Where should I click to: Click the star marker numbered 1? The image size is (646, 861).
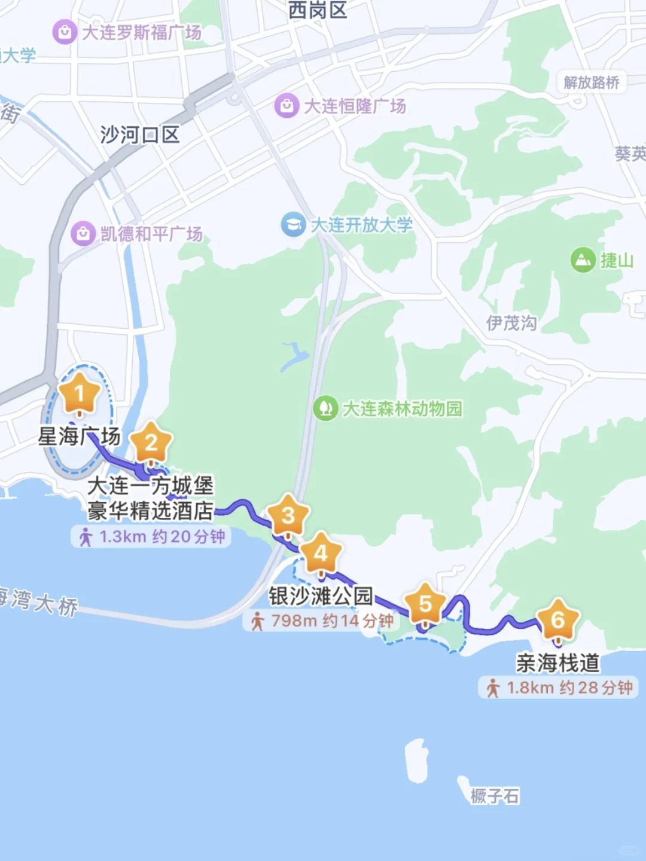79,394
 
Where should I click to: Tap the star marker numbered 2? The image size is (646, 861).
151,443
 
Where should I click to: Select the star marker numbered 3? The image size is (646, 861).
288,515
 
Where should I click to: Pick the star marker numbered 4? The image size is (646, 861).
321,554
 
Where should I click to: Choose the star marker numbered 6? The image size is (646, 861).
557,620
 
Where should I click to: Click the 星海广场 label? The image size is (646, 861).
79,436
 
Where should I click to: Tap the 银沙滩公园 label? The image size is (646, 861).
321,596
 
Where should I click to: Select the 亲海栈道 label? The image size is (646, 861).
557,663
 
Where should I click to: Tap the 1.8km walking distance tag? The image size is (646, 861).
560,688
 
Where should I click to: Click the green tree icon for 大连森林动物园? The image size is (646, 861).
325,408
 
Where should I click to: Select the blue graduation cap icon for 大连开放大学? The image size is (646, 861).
293,225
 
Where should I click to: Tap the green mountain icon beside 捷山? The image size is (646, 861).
583,260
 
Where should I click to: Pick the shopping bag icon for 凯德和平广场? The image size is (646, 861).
83,233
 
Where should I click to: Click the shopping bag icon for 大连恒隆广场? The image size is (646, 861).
287,106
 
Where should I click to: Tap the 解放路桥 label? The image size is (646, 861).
591,83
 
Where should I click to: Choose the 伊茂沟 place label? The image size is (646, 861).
511,323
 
